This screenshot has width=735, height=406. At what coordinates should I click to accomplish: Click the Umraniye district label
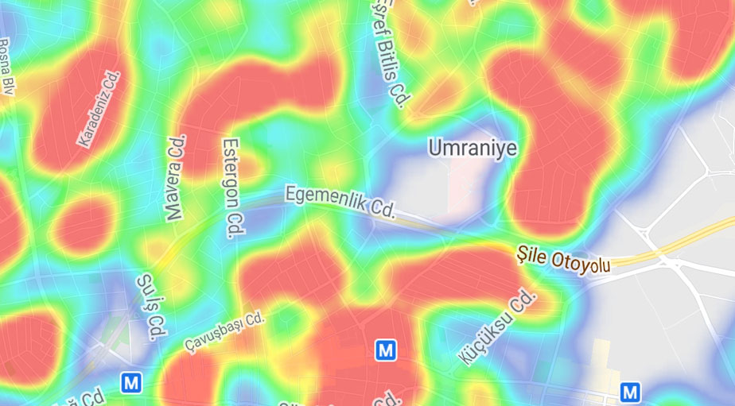(x=472, y=149)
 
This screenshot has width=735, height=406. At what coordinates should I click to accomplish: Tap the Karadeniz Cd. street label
(x=99, y=108)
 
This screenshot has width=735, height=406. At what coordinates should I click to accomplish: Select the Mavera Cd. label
(x=174, y=177)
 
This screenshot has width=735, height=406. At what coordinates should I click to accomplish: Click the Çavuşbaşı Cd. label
(x=224, y=331)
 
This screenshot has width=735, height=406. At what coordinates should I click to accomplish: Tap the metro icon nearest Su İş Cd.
(x=131, y=383)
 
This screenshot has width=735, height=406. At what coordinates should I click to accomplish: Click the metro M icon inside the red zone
(x=386, y=350)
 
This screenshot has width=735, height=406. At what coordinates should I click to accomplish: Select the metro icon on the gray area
(x=630, y=391)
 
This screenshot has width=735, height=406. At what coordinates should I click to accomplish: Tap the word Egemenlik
(x=325, y=198)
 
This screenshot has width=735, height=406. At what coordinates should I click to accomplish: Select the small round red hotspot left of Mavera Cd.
(x=84, y=222)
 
